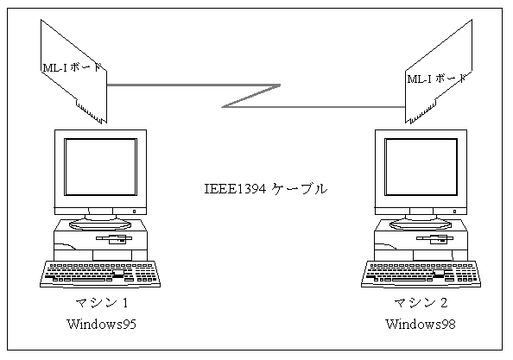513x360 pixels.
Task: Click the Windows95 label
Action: coord(101,324)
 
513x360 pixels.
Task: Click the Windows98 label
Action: coord(421,324)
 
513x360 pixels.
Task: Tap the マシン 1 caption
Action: coord(102,303)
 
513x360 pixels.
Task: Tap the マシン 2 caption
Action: coord(421,303)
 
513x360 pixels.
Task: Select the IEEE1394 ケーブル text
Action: coord(266,189)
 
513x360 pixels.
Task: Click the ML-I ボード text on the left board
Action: coord(72,67)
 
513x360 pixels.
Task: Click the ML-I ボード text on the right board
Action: coord(436,79)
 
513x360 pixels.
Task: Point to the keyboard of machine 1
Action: coord(100,274)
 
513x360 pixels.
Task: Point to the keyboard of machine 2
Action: coord(421,274)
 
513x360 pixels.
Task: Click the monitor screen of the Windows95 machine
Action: coord(100,167)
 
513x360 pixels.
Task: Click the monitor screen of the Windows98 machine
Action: coord(421,167)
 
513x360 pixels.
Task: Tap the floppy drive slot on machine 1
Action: coord(114,239)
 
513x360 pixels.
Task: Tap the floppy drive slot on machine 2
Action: coord(434,239)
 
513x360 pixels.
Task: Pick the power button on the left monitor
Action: coord(134,212)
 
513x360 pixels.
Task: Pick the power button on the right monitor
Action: coord(454,212)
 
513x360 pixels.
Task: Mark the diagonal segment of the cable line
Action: coord(251,96)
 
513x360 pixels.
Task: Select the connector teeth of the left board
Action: coord(92,112)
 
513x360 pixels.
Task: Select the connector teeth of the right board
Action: coord(421,112)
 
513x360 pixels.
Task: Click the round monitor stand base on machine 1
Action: coord(100,224)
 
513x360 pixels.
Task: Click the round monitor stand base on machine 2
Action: coord(421,224)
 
